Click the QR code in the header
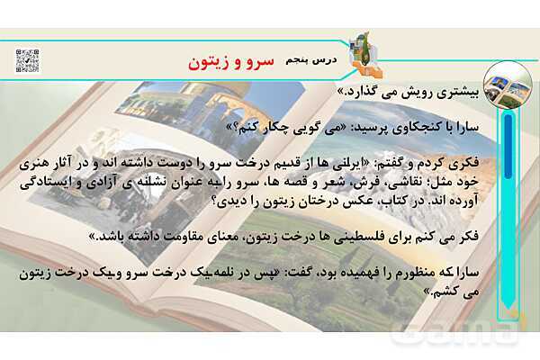(27, 60)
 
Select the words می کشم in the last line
(466, 290)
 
